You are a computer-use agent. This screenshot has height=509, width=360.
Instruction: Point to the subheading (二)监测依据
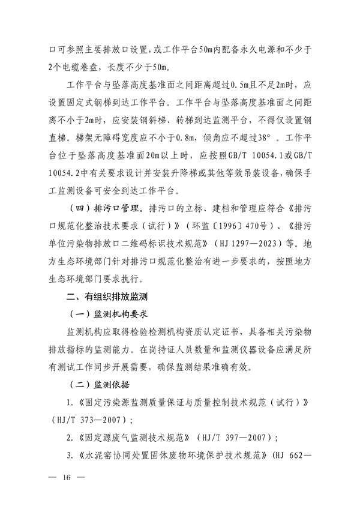click(100, 384)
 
